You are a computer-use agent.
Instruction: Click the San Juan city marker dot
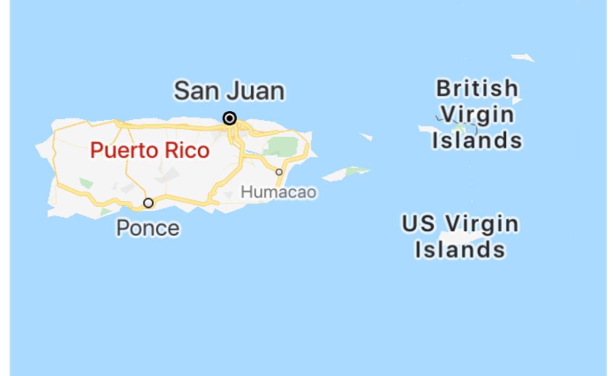[x=230, y=118]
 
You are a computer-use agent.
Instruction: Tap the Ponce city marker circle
[x=148, y=203]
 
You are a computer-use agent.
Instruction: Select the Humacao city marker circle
[x=279, y=172]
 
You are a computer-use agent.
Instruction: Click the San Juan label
[x=229, y=91]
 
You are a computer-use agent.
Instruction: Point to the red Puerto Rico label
[x=150, y=151]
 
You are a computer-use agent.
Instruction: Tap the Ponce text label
[x=148, y=228]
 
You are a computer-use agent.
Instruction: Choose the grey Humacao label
[x=278, y=192]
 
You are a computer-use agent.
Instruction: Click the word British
[x=477, y=88]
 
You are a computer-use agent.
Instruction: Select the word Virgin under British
[x=477, y=114]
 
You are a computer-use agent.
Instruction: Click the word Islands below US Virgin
[x=460, y=249]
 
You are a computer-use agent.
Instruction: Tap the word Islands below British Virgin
[x=477, y=140]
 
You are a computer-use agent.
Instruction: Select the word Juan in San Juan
[x=255, y=91]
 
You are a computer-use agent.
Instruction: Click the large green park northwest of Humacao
[x=280, y=146]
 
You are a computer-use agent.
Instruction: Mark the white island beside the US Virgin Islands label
[x=460, y=238]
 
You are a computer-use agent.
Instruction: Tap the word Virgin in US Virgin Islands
[x=481, y=223]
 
